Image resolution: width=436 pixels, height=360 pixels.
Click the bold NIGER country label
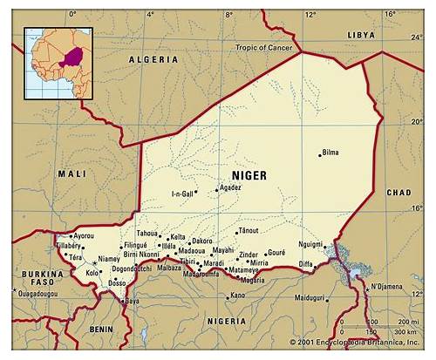(x=249, y=175)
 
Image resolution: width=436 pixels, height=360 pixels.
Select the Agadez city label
(x=229, y=187)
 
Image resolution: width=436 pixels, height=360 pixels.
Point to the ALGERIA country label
(x=153, y=59)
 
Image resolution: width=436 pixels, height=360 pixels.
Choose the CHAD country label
(x=399, y=192)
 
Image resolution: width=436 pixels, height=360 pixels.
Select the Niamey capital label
(x=109, y=259)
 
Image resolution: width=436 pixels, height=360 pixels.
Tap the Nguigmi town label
(x=310, y=244)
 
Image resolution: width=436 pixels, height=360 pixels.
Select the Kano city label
(x=235, y=295)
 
